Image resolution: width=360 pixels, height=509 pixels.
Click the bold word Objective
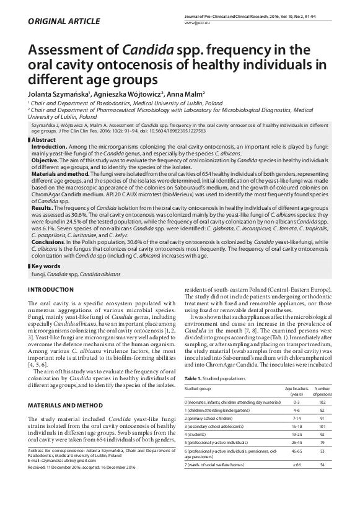click(x=44, y=159)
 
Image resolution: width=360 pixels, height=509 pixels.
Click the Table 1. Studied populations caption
click(x=214, y=377)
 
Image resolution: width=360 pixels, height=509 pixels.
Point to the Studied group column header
click(x=197, y=389)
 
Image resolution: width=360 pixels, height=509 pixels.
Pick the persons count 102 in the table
click(x=322, y=402)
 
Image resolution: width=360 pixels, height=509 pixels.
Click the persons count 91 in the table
click(x=322, y=419)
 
